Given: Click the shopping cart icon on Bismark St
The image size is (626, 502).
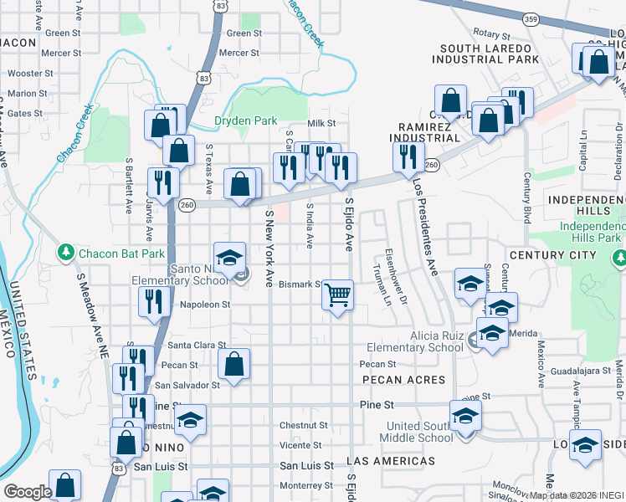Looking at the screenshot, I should (x=338, y=295).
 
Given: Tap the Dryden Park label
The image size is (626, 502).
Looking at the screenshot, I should (x=245, y=120).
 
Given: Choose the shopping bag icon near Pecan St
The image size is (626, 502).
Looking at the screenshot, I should (x=233, y=364).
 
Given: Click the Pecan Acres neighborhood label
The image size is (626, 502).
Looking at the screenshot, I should (x=403, y=380).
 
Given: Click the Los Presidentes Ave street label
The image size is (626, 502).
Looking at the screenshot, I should (x=424, y=226).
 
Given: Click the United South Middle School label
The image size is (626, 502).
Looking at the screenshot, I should (x=419, y=432).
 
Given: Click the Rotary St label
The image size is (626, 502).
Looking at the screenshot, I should (x=491, y=35).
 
